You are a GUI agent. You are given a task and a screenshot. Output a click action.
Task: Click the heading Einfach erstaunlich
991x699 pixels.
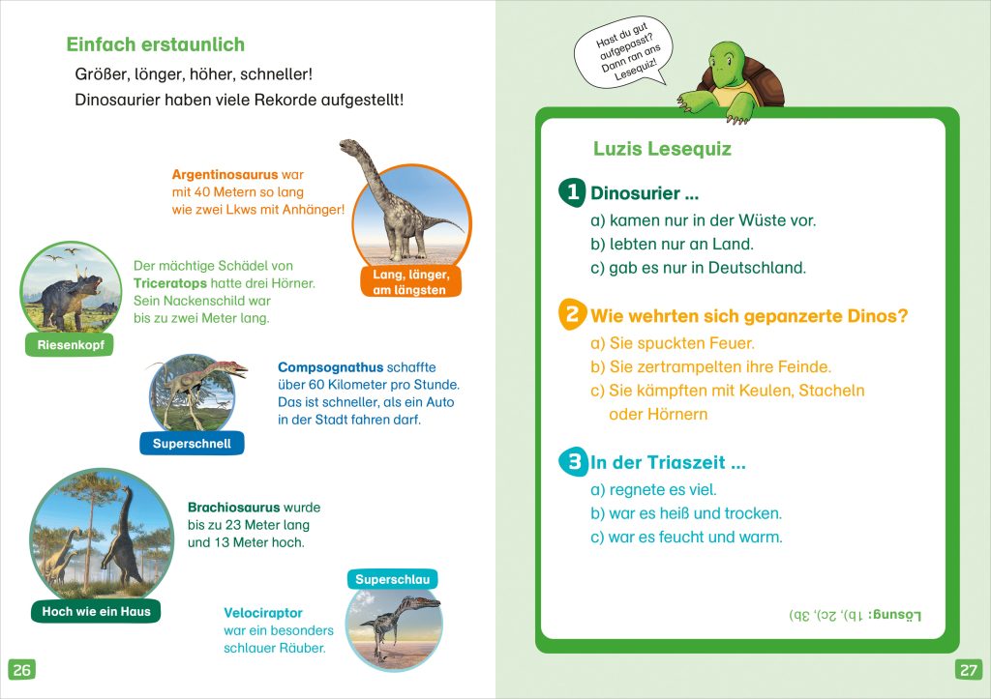(155, 44)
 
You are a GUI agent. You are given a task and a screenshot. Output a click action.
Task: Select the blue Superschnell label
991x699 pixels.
(192, 444)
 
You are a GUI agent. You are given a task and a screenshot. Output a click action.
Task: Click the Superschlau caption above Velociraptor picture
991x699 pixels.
(392, 579)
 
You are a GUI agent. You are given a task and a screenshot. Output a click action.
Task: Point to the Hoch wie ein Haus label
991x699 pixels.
(96, 611)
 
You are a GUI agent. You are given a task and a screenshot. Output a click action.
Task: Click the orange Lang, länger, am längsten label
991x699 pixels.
(409, 282)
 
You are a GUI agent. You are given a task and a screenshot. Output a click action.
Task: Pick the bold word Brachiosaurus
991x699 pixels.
(233, 508)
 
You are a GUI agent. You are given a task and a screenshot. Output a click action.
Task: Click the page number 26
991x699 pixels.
(22, 669)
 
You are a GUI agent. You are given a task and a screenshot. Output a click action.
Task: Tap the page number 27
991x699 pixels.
(968, 669)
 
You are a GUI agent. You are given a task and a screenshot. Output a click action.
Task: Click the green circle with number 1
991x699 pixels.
(574, 192)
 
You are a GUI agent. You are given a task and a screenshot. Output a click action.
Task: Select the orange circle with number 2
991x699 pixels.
(573, 314)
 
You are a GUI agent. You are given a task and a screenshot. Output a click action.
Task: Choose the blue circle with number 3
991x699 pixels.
(573, 462)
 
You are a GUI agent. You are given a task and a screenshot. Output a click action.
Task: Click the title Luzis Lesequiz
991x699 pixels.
(662, 149)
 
